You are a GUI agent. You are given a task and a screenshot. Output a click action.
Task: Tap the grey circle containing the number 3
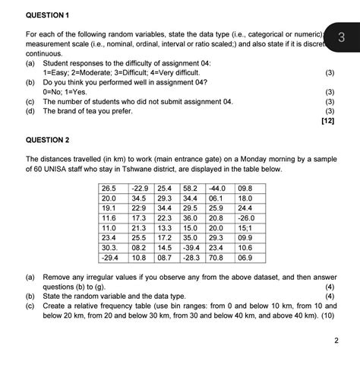[x=342, y=36]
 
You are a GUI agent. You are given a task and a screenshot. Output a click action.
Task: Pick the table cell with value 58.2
[x=191, y=187]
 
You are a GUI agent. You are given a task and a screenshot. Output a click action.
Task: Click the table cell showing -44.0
[x=216, y=187]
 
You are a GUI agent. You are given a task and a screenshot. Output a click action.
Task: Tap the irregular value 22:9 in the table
[x=138, y=208]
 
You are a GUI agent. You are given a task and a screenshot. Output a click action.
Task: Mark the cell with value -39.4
[x=191, y=247]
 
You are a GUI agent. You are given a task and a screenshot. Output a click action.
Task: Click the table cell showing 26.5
[x=109, y=187]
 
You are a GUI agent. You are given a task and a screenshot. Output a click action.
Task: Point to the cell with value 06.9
[x=245, y=258]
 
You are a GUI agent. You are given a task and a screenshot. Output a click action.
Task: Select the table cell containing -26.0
[x=246, y=217]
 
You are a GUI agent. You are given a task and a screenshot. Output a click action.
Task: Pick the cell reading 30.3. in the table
[x=111, y=247]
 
